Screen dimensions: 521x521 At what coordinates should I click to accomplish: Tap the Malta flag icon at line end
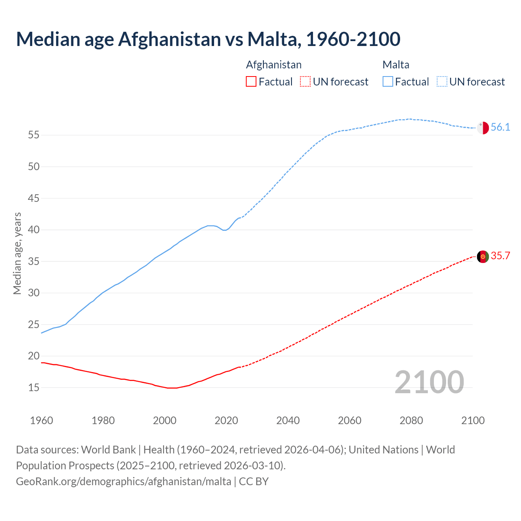pyautogui.click(x=483, y=128)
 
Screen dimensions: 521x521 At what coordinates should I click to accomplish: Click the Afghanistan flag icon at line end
pyautogui.click(x=483, y=256)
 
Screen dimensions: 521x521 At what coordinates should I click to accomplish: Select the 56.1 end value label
pyautogui.click(x=500, y=127)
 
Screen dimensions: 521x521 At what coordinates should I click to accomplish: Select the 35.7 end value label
pyautogui.click(x=500, y=256)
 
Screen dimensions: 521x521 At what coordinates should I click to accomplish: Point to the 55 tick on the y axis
pyautogui.click(x=34, y=135)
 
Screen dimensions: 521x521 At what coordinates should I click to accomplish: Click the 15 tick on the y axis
pyautogui.click(x=34, y=387)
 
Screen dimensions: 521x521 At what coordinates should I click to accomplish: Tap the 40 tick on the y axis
pyautogui.click(x=34, y=230)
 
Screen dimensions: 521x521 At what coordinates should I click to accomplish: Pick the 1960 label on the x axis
pyautogui.click(x=42, y=420)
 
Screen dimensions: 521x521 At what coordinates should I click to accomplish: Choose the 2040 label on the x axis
pyautogui.click(x=288, y=420)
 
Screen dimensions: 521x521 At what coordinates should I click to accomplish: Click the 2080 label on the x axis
pyautogui.click(x=411, y=420)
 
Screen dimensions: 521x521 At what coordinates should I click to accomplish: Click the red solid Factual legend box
pyautogui.click(x=251, y=82)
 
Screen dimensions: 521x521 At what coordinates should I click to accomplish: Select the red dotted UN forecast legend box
pyautogui.click(x=305, y=82)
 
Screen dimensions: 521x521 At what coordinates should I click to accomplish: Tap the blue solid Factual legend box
pyautogui.click(x=388, y=82)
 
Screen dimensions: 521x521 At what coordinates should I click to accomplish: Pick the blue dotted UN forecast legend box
pyautogui.click(x=442, y=82)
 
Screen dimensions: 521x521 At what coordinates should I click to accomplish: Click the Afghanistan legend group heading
pyautogui.click(x=274, y=65)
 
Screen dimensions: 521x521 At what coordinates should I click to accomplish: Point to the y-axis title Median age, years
pyautogui.click(x=17, y=253)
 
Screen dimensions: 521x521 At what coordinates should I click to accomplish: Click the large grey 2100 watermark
pyautogui.click(x=429, y=382)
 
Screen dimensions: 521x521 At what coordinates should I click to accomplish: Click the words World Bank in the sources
pyautogui.click(x=108, y=450)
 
